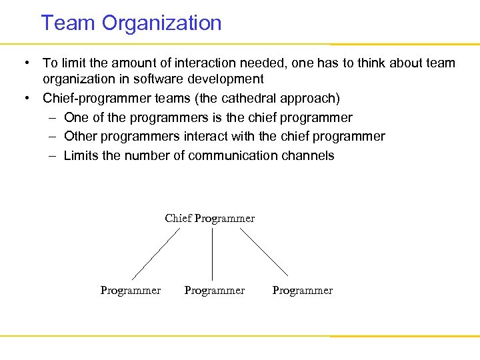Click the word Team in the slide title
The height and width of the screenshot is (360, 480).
click(x=69, y=23)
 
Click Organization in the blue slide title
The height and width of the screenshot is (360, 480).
click(x=161, y=24)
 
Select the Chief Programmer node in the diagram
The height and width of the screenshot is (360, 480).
click(x=209, y=219)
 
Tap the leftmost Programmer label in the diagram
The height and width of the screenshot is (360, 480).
click(x=130, y=291)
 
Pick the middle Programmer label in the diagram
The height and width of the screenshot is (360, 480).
click(x=214, y=291)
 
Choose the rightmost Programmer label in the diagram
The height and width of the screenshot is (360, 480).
click(x=302, y=291)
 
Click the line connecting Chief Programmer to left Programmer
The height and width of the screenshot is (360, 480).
click(x=156, y=254)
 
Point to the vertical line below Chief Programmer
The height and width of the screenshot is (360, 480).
click(x=212, y=254)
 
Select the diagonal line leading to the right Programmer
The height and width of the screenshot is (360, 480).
click(x=264, y=253)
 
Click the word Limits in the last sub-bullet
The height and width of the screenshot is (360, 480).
click(x=81, y=156)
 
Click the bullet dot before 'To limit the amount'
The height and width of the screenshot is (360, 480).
click(x=25, y=63)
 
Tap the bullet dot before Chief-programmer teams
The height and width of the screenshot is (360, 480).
click(x=25, y=99)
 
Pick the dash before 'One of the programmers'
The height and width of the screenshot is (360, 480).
click(x=52, y=118)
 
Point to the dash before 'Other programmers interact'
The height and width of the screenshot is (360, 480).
click(x=52, y=137)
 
